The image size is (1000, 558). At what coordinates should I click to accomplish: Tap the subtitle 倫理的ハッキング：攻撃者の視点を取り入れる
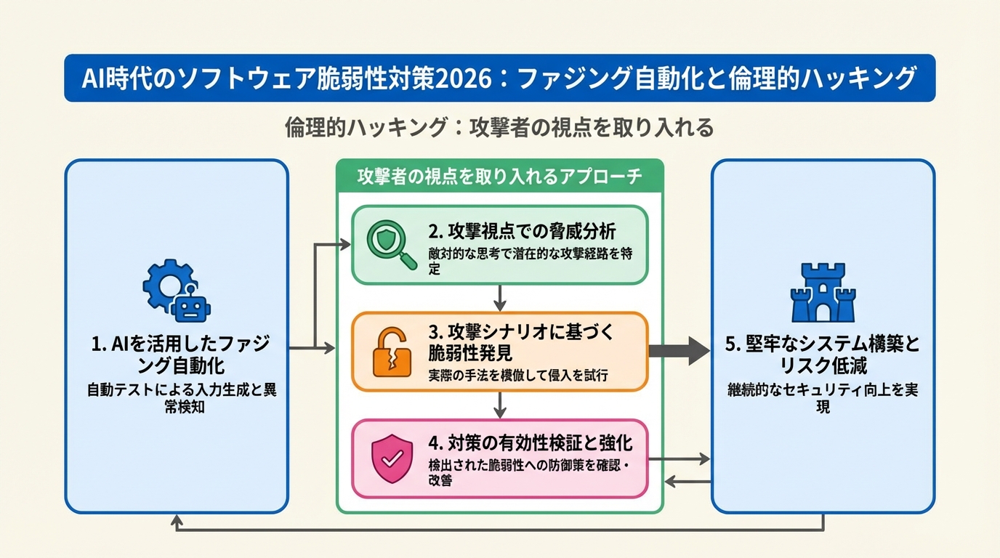(500, 128)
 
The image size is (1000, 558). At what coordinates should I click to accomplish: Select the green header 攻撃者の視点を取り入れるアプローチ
(500, 177)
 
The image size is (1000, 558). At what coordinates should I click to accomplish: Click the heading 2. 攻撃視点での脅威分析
(522, 232)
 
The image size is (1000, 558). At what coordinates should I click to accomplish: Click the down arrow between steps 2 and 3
(500, 298)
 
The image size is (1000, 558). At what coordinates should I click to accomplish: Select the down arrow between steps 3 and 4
(500, 405)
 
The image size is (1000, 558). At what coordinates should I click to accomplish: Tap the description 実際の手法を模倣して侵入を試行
(517, 376)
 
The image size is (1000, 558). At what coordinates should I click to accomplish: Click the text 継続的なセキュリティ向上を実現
(823, 398)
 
